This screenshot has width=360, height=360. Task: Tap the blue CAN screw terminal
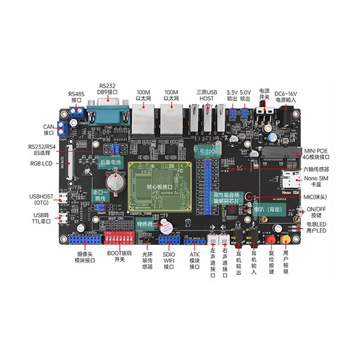[62, 128]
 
